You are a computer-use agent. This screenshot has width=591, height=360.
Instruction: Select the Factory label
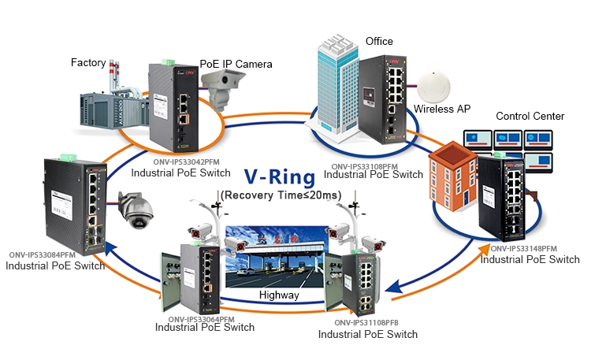87,61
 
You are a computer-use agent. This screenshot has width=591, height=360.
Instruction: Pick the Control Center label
530,116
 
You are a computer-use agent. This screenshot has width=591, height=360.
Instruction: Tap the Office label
379,41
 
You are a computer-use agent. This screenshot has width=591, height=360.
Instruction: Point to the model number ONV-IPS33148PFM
523,248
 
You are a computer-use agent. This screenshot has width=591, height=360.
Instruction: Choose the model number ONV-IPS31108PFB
366,322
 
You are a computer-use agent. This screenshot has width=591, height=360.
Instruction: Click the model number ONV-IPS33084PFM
42,254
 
